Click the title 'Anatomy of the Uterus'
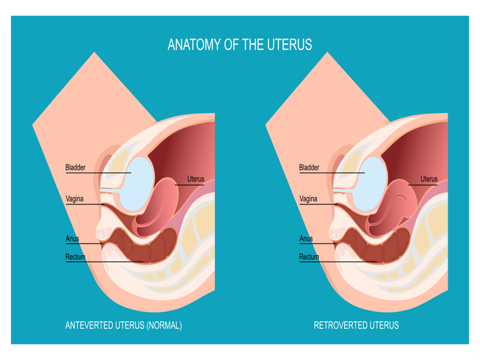pyautogui.click(x=239, y=45)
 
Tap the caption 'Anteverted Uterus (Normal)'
pyautogui.click(x=123, y=325)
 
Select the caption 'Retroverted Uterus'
pyautogui.click(x=356, y=325)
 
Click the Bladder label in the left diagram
pyautogui.click(x=75, y=167)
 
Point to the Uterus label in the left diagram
pyautogui.click(x=195, y=179)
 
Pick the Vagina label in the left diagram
pyautogui.click(x=74, y=199)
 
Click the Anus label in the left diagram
pyautogui.click(x=72, y=239)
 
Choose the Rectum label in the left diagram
pyautogui.click(x=75, y=257)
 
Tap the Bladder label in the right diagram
pyautogui.click(x=309, y=167)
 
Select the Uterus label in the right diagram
pyautogui.click(x=429, y=179)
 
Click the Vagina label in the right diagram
pyautogui.click(x=308, y=199)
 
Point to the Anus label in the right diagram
pyautogui.click(x=306, y=239)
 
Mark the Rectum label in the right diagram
pyautogui.click(x=309, y=257)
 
